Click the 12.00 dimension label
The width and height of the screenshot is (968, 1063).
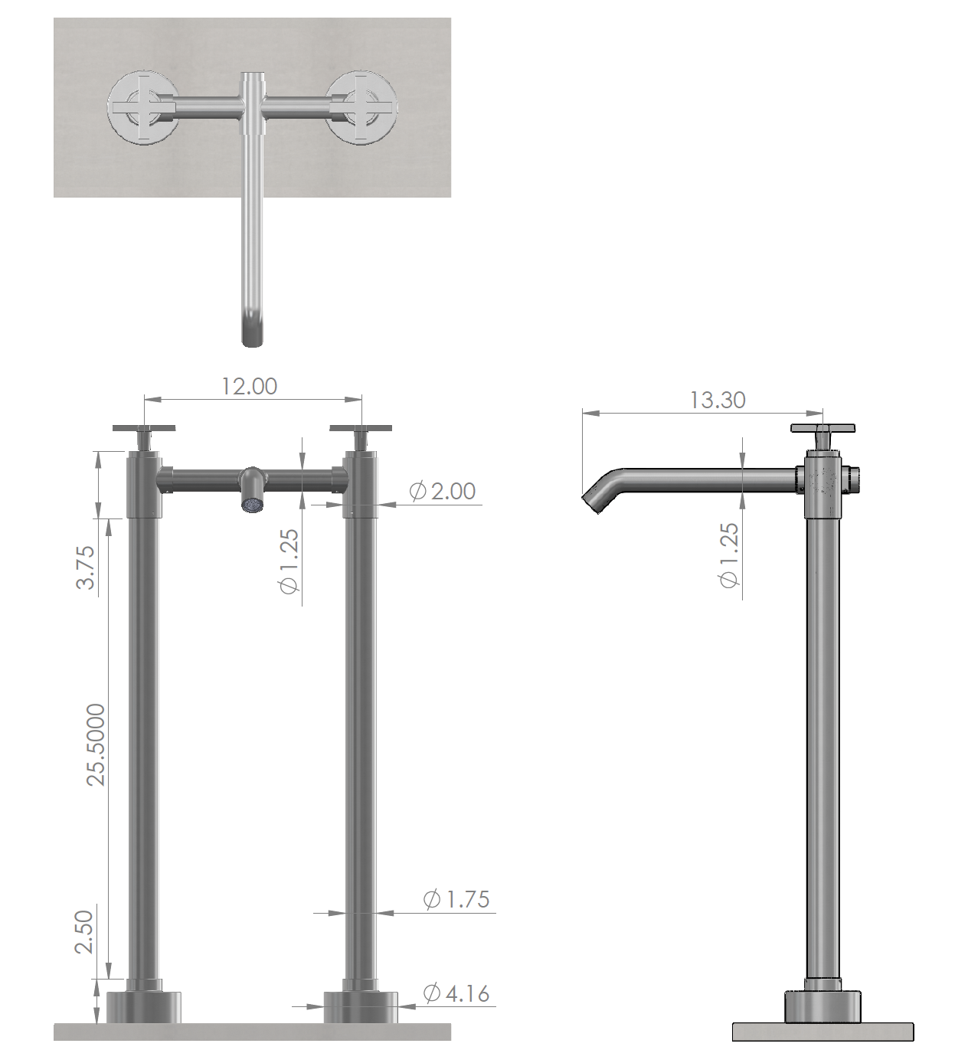tap(249, 386)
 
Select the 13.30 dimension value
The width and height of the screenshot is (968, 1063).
tap(717, 400)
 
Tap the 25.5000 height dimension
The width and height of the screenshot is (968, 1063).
tap(96, 744)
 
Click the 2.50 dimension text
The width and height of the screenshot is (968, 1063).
tap(83, 931)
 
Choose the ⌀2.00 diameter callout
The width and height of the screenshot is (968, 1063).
tap(443, 491)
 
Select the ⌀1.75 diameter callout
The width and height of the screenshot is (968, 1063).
tap(456, 899)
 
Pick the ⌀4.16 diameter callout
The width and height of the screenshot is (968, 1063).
tap(456, 993)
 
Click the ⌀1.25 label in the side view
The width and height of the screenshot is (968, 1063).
tap(729, 555)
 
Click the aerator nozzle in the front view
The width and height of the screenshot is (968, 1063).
tap(251, 503)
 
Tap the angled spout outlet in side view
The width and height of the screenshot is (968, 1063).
tap(594, 499)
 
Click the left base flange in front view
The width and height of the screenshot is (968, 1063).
tap(143, 1006)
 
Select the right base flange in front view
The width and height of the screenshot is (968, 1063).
tap(361, 1006)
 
